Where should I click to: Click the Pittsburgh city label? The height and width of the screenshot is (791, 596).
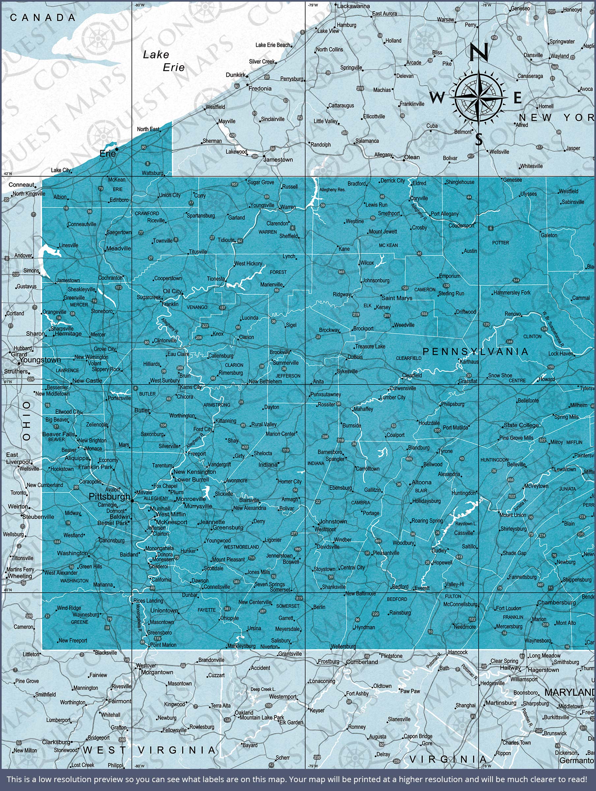click(x=109, y=496)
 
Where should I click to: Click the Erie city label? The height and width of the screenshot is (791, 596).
click(x=107, y=154)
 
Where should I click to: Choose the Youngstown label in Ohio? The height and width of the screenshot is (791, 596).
click(x=40, y=360)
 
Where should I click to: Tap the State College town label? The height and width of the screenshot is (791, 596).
click(x=521, y=425)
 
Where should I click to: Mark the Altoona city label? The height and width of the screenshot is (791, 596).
click(x=421, y=483)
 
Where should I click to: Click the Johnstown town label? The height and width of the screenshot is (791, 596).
click(x=333, y=521)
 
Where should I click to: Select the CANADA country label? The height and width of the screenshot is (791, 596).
click(x=43, y=17)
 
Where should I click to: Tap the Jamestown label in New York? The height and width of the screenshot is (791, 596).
click(x=278, y=160)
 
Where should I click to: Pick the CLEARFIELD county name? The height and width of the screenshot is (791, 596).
click(x=408, y=358)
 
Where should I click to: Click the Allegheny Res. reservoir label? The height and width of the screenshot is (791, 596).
click(x=332, y=190)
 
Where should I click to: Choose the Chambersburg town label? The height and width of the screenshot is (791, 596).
click(x=556, y=602)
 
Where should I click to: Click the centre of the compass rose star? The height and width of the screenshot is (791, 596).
click(x=479, y=97)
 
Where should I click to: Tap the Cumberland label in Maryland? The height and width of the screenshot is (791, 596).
click(x=362, y=662)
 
